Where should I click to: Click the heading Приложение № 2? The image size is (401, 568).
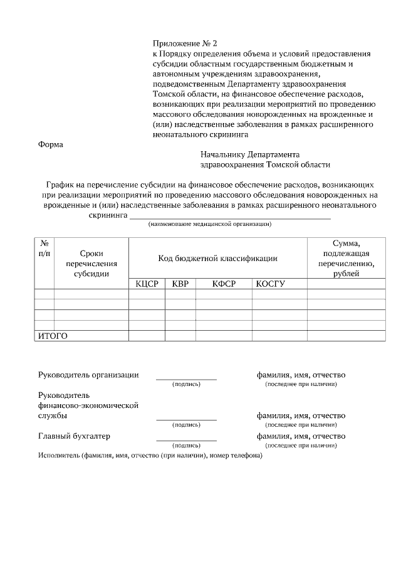tap(185, 43)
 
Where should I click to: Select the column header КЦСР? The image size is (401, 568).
tap(147, 284)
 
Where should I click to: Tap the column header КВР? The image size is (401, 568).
tap(180, 284)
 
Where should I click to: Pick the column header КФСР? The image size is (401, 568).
tap(224, 284)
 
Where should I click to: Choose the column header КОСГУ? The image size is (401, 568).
tap(270, 284)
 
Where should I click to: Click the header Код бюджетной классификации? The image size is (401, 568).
tap(217, 259)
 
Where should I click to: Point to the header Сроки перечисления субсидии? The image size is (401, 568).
tap(91, 263)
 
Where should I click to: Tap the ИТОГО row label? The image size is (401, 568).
tap(53, 336)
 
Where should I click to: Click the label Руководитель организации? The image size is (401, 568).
tap(88, 375)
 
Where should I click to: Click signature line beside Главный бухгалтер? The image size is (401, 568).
tap(186, 439)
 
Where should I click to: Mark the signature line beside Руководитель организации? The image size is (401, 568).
tap(186, 378)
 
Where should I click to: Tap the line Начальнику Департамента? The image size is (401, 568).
tap(250, 154)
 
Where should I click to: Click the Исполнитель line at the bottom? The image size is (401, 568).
tap(150, 455)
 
